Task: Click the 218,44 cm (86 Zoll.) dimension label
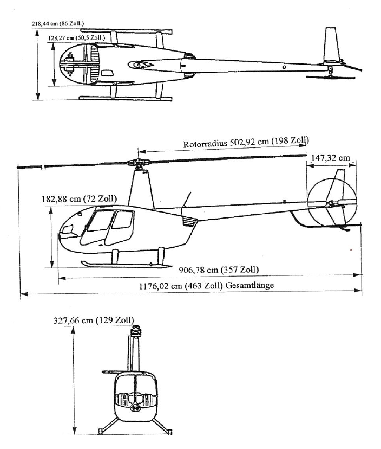[x=58, y=23]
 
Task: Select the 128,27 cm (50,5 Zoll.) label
[x=76, y=38]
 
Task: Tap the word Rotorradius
[x=205, y=144]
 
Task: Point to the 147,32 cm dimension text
[x=330, y=157]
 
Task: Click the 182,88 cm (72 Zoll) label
[x=79, y=198]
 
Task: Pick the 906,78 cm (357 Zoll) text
[x=219, y=270]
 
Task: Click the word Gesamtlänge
[x=249, y=285]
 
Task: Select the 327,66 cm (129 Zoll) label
[x=94, y=320]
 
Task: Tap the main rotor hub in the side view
[x=139, y=164]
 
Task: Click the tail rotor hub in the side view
[x=332, y=204]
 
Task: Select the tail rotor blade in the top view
[x=330, y=77]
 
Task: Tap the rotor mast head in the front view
[x=136, y=331]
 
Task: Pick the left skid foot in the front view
[x=101, y=431]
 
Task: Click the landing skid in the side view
[x=126, y=265]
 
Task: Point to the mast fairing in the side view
[x=141, y=190]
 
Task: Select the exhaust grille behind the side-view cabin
[x=189, y=221]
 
